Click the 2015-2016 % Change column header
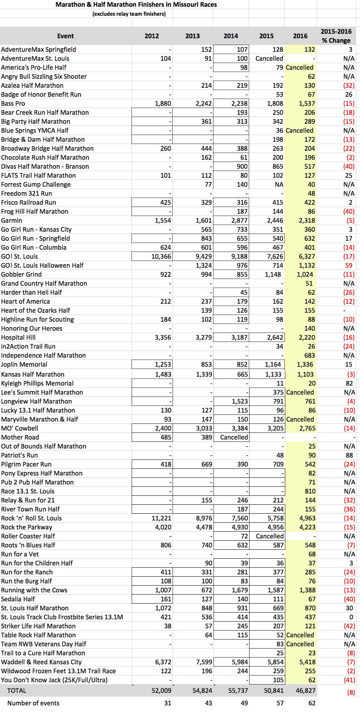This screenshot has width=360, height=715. (x=336, y=36)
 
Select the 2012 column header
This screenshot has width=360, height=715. (x=152, y=36)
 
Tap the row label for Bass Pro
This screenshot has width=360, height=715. (x=13, y=103)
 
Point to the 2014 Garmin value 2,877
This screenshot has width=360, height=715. (x=239, y=220)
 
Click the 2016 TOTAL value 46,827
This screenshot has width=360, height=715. (x=304, y=690)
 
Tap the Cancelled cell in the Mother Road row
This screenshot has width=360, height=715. (x=234, y=437)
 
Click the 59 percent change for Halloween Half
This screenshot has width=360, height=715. (x=349, y=265)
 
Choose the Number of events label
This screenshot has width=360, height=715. (x=33, y=703)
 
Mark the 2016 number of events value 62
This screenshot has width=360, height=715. (x=312, y=703)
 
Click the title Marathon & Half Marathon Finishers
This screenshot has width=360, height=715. (x=136, y=4)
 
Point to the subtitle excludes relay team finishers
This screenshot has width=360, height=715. (x=129, y=14)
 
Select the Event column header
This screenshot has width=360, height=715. (x=66, y=36)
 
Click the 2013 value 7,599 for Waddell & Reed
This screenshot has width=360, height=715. (x=203, y=662)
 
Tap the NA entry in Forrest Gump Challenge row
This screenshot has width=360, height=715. (x=279, y=184)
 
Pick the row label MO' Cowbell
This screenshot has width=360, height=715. (x=20, y=428)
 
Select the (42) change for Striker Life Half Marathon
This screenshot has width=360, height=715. (x=349, y=626)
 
